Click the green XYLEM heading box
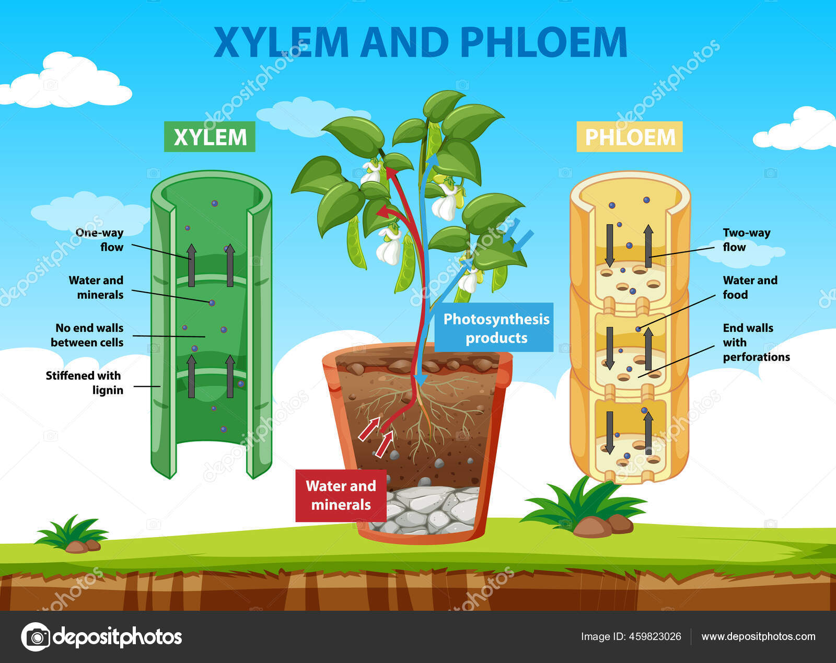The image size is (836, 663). pos(210,137)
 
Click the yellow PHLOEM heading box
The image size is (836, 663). pos(630,137)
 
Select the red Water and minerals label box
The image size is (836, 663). pos(341,495)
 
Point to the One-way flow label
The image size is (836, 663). pos(99,240)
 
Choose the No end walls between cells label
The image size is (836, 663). pos(87,335)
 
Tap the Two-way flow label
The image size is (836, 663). pos(746,240)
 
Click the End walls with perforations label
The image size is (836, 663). pos(756,342)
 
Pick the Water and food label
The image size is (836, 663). pos(750,287)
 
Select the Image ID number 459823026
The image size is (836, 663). pos(655,636)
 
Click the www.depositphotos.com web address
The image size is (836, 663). pos(758,636)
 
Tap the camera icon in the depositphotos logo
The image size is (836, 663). pos(36,637)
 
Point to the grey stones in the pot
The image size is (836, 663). pos(428,509)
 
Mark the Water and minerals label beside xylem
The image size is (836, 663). pos(97,287)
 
